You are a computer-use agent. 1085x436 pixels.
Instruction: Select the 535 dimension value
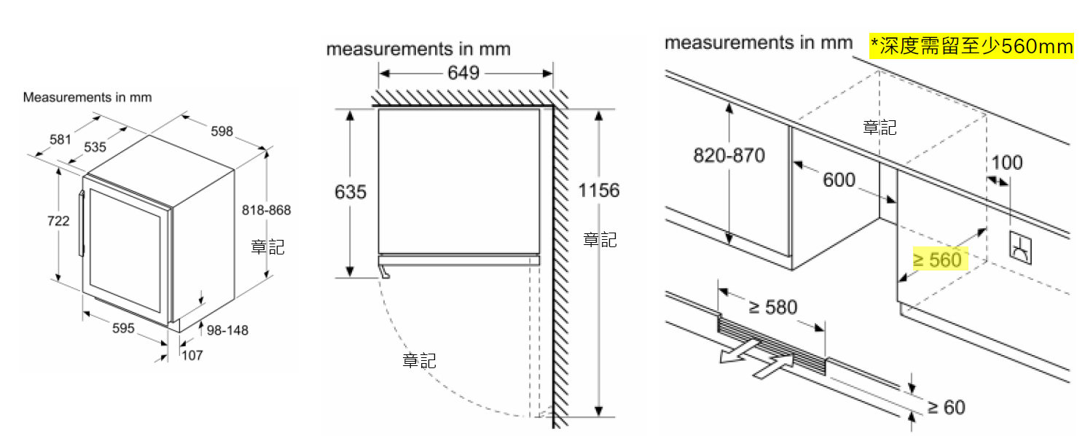coord(95,147)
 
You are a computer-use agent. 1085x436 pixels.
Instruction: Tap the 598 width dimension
coord(222,131)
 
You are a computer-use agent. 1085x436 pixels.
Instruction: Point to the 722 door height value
coord(58,220)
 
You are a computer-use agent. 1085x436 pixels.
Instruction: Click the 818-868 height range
coord(266,210)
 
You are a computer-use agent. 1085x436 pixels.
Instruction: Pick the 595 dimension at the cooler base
coord(123,328)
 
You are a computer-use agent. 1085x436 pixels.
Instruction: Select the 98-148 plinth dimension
coord(227,330)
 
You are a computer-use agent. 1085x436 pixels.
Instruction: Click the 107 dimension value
coord(192,355)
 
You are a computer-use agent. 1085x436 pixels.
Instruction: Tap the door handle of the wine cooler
coord(82,222)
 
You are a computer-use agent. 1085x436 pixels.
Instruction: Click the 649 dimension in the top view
coord(463,73)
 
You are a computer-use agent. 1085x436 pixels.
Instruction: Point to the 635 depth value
coord(350,192)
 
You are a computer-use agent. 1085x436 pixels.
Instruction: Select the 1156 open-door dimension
coord(599,191)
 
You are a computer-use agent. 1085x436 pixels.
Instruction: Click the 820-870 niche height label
coord(729,155)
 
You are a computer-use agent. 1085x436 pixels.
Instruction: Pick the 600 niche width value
coord(839,179)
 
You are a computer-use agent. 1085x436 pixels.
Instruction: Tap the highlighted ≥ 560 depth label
coord(937,260)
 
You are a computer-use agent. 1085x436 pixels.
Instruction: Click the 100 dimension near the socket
coord(1007,162)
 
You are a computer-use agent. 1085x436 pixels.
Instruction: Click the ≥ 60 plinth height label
coord(946,407)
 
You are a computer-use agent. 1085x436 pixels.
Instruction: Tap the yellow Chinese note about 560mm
coord(972,47)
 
